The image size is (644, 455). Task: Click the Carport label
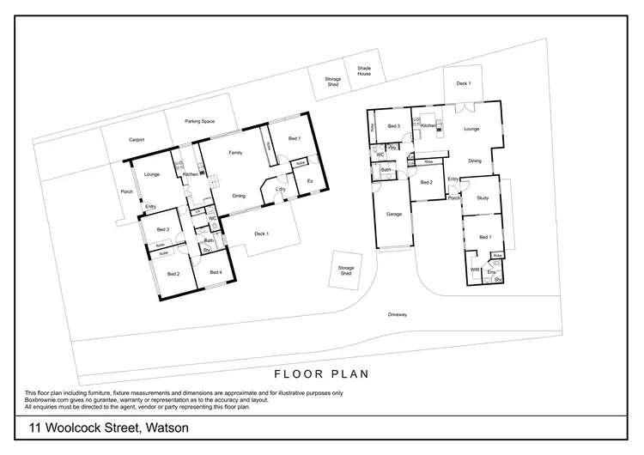point(136,139)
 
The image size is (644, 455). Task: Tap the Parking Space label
point(199,121)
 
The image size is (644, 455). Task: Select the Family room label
point(234,153)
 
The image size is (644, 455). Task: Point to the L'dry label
point(280,189)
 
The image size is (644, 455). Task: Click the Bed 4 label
point(216,272)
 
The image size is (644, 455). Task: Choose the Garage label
point(394,214)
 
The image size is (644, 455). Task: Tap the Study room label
point(482,198)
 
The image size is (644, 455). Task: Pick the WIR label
point(475,270)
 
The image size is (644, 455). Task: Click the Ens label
point(491,271)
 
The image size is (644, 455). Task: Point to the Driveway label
point(397,315)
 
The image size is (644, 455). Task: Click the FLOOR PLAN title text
point(321,373)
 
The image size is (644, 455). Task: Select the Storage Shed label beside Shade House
point(332,82)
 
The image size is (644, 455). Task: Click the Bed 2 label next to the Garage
point(427,182)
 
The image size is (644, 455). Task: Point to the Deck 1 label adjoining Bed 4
point(262,234)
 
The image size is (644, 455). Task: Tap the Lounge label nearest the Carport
point(152,174)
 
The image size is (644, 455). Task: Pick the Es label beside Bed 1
point(308,180)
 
